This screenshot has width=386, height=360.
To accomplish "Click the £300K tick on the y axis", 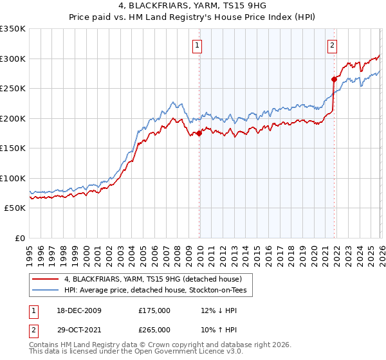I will (x=13, y=59).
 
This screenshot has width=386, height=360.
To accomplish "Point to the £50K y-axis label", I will (x=15, y=208).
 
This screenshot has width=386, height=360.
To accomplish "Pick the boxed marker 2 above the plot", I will (x=332, y=45).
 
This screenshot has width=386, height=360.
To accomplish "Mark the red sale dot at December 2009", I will (x=199, y=133).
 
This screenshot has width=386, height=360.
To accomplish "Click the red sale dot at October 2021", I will (x=334, y=80).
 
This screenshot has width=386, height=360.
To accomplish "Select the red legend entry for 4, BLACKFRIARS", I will (x=152, y=279).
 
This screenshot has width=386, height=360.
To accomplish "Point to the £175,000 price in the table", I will (x=154, y=310).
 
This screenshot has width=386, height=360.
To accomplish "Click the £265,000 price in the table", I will (x=154, y=329).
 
